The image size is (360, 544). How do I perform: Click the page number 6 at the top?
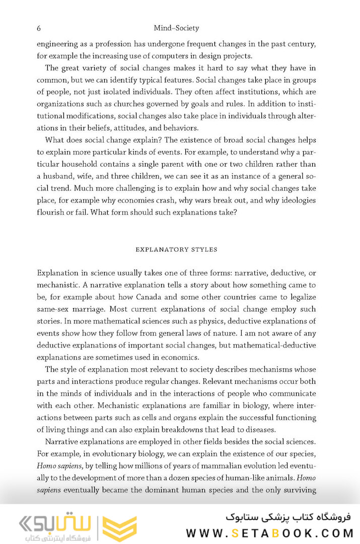tap(39, 28)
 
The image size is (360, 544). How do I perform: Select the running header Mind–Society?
tap(176, 28)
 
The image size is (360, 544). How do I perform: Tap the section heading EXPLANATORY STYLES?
tap(176, 249)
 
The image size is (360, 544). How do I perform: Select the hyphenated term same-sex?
tap(53, 309)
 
